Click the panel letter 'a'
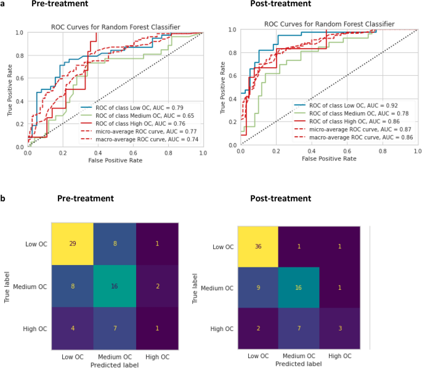pos(4,4)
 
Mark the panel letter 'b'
pos(4,199)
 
